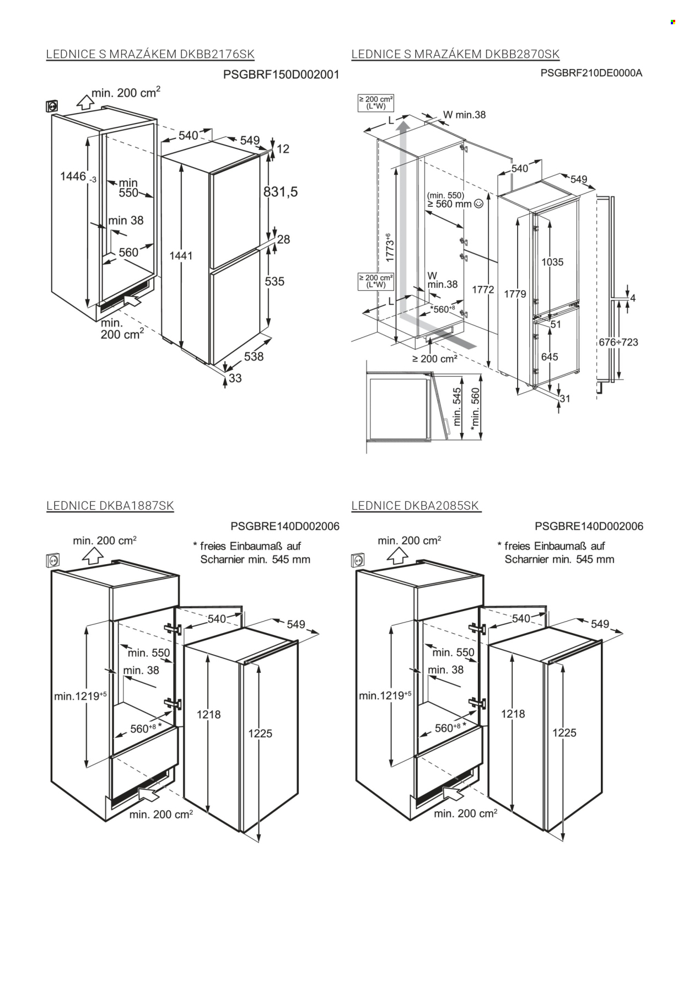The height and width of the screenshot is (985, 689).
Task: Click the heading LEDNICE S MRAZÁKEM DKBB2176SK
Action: [150, 54]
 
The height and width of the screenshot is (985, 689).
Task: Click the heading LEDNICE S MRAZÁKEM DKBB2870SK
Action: [455, 54]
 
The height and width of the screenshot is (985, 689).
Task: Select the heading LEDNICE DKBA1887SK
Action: [110, 506]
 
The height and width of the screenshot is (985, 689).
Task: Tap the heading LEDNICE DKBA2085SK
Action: [416, 506]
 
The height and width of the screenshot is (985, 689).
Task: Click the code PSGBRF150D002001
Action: [281, 74]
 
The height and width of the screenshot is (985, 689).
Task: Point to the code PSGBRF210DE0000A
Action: [591, 73]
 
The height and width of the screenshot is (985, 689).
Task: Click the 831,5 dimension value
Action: [281, 192]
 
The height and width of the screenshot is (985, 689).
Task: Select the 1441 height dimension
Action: [181, 255]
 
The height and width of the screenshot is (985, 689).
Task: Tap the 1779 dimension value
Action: [515, 294]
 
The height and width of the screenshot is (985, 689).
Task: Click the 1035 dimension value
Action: [552, 262]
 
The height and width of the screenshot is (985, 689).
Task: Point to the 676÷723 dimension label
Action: [618, 342]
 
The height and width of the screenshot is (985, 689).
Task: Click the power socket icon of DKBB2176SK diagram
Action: [53, 105]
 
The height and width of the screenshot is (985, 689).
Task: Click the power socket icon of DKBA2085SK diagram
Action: [358, 560]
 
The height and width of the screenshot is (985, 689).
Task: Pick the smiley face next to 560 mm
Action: [478, 204]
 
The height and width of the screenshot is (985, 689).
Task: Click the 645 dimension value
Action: [550, 357]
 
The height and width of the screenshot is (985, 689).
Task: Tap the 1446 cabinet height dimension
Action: [73, 176]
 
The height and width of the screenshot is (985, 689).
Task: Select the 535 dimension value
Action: [274, 281]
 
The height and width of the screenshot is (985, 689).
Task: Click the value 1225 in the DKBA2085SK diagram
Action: [564, 732]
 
